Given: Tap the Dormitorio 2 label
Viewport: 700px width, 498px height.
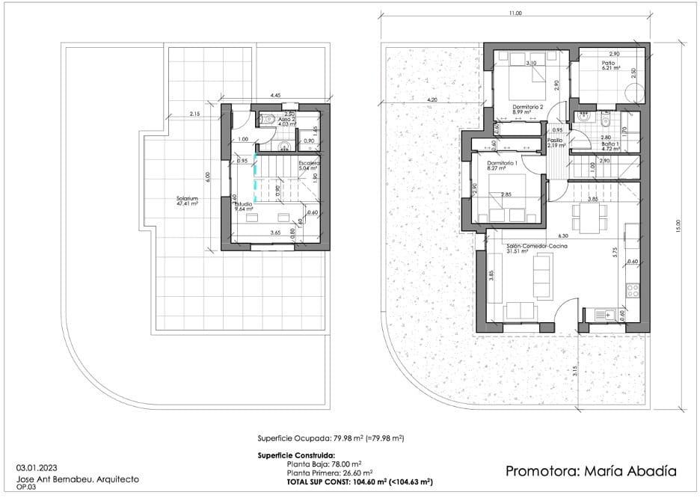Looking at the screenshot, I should (x=526, y=107).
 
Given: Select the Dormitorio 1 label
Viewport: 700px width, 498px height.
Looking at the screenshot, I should (x=502, y=163).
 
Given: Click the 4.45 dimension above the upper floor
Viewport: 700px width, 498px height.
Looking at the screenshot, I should (x=275, y=96).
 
